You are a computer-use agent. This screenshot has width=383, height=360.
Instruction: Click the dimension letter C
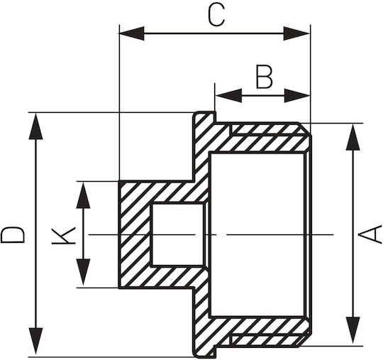(x=216, y=16)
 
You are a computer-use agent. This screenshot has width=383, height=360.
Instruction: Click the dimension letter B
(x=264, y=77)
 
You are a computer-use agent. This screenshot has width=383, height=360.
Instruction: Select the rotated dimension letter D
(x=13, y=235)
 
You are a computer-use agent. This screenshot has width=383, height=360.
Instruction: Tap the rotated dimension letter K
(x=63, y=236)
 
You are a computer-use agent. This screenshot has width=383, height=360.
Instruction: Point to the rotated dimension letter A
(x=370, y=234)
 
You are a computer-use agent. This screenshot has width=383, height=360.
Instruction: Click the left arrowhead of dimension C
(x=131, y=33)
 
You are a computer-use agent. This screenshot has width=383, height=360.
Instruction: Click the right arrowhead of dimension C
(x=296, y=33)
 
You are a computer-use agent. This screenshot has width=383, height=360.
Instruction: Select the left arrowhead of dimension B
(x=228, y=96)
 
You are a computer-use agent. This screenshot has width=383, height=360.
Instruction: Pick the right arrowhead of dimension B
(x=297, y=96)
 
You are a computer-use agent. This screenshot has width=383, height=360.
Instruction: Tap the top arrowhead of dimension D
(x=35, y=126)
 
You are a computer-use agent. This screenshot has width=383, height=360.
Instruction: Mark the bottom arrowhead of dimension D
(x=35, y=342)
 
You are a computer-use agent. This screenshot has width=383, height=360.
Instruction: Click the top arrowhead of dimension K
(x=83, y=195)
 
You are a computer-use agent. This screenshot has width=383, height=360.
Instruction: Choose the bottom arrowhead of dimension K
(x=83, y=272)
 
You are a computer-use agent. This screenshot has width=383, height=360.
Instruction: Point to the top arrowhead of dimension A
(x=353, y=137)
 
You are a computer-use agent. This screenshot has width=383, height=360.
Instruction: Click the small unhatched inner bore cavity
(x=177, y=234)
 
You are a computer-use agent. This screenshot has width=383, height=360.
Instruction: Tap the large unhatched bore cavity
(x=257, y=234)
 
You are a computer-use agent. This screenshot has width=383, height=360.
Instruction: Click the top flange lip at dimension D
(x=205, y=117)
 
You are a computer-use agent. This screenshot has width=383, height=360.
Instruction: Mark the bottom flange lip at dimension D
(x=205, y=351)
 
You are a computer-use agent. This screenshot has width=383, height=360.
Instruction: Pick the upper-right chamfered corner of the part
(x=305, y=129)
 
